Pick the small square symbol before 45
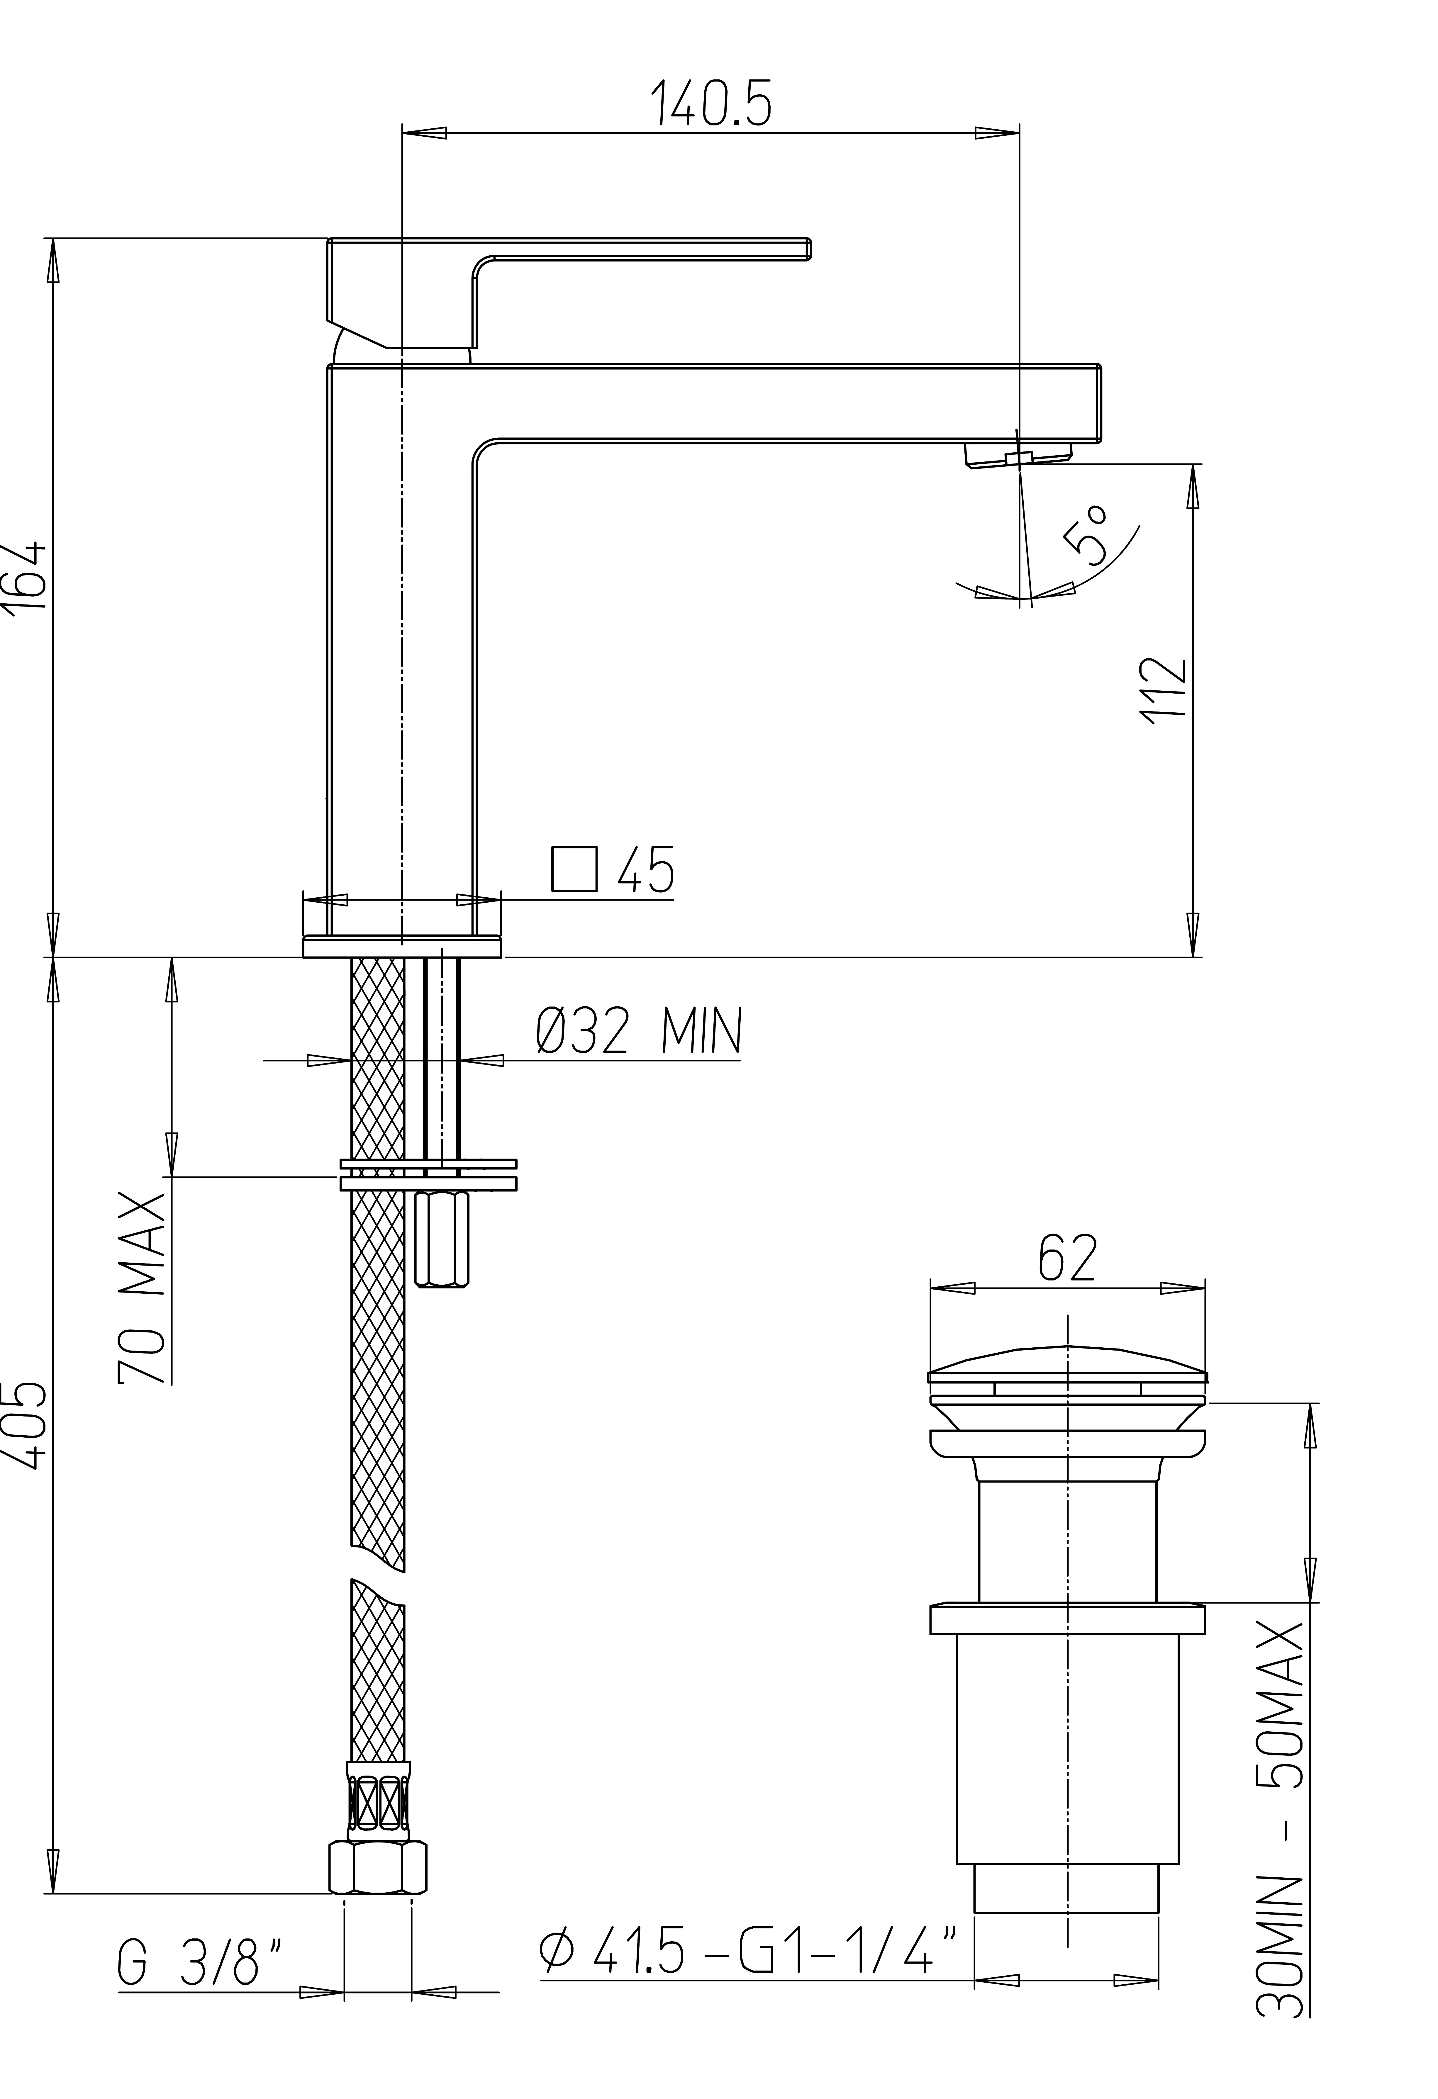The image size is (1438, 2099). coord(574,870)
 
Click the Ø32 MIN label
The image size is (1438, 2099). coord(638,1031)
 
